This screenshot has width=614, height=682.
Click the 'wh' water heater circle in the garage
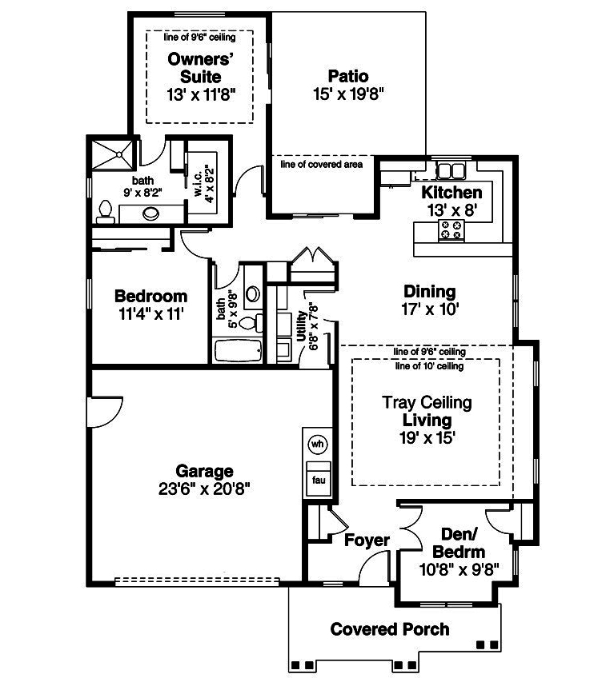tap(317, 443)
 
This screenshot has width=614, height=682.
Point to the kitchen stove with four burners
tap(450, 230)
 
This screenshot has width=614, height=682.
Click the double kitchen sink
tap(449, 170)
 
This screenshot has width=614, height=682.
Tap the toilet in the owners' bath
tap(103, 211)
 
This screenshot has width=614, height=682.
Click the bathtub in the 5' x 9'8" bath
tap(237, 351)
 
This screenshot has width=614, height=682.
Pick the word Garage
tap(205, 472)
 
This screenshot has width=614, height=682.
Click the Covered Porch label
tap(390, 629)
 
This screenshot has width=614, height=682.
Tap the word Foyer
tap(367, 540)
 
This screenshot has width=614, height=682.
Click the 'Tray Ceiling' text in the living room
tap(427, 402)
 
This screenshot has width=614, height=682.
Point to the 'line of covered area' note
tap(322, 165)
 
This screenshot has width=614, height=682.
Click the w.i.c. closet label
tap(197, 182)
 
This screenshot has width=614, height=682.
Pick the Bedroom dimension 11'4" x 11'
tap(150, 314)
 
